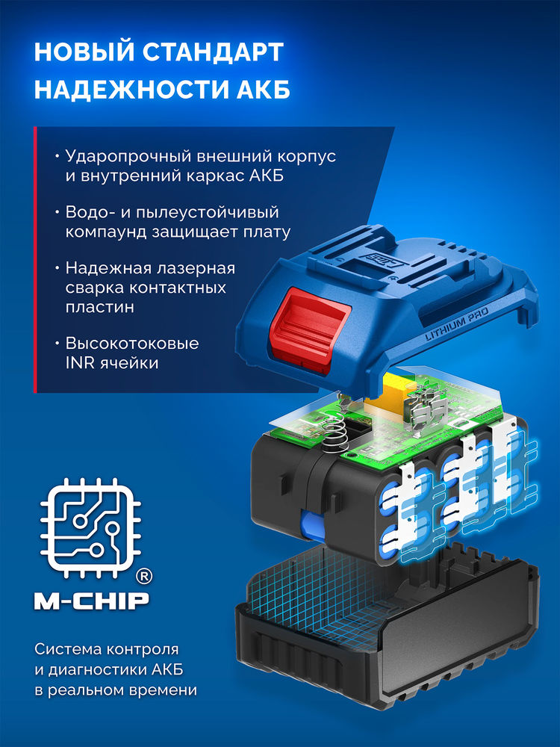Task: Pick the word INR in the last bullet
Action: [x=81, y=362]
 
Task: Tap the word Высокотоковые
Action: [x=132, y=344]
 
